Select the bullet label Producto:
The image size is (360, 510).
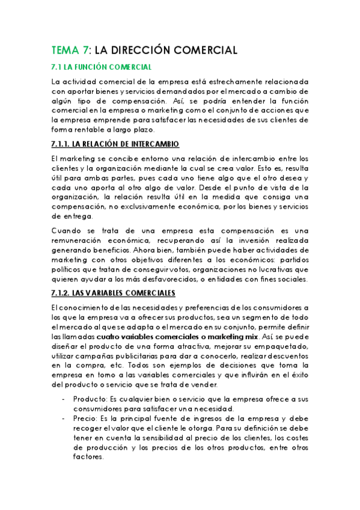[x=90, y=399]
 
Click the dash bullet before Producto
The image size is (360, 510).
[x=64, y=399]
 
